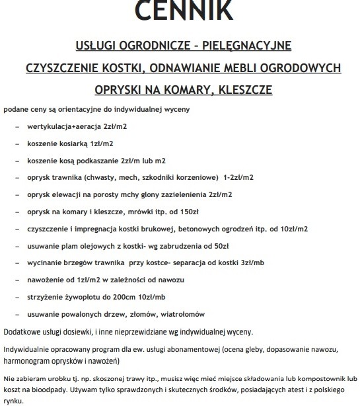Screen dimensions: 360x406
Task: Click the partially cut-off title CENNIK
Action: (x=180, y=9)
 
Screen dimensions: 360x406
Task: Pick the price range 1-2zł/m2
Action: (x=238, y=177)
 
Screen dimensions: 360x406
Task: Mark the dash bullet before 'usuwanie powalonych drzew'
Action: (x=17, y=314)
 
